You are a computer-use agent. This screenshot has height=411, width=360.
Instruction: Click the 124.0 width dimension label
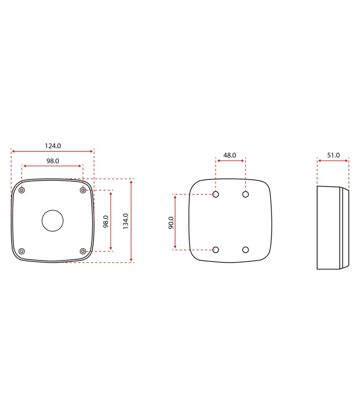point(53,146)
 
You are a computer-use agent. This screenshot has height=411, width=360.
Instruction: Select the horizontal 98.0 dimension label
point(53,161)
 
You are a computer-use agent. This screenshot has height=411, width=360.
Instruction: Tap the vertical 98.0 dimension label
point(106,221)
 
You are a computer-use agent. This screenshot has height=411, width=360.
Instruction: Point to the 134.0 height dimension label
point(125,221)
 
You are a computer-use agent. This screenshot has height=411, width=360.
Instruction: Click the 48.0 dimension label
point(229,155)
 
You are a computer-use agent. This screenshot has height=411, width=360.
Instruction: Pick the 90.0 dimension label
point(171,222)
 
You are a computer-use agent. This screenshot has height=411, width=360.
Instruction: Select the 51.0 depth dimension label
point(333,155)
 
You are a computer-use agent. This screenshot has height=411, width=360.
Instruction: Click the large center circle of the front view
point(52,221)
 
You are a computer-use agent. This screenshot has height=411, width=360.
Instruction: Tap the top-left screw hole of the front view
point(22,190)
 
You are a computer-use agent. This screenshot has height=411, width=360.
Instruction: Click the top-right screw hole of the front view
point(83,190)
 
